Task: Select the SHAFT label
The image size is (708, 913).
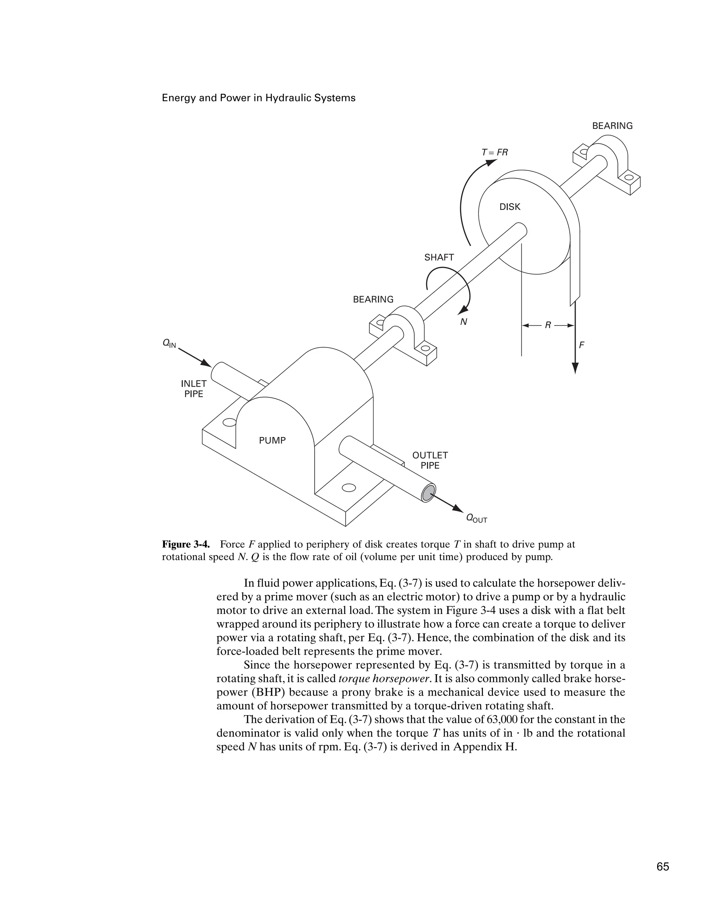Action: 439,258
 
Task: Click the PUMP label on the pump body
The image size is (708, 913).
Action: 272,440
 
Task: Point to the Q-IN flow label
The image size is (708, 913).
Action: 169,344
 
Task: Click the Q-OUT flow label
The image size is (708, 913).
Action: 476,519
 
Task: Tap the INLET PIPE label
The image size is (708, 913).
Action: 194,389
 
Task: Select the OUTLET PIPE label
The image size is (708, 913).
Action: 430,460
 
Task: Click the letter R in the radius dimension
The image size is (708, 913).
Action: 548,325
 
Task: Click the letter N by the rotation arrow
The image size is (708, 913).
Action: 463,322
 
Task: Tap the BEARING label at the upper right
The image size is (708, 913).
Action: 612,126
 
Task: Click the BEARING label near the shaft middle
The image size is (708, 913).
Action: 373,299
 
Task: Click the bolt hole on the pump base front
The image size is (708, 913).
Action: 348,487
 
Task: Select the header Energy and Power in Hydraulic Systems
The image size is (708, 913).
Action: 258,98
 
